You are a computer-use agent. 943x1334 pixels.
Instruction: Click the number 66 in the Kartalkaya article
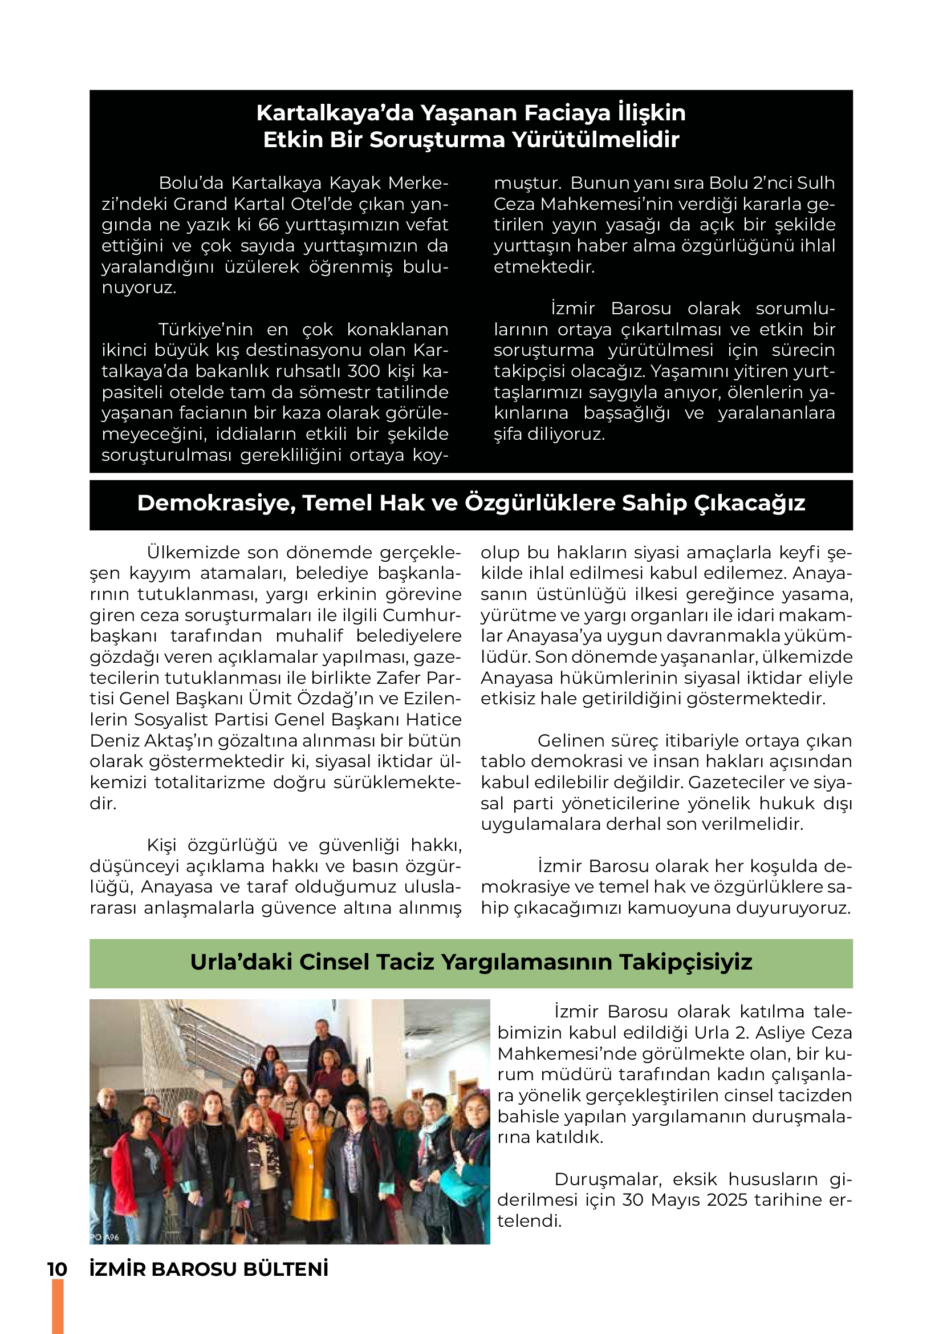tap(269, 225)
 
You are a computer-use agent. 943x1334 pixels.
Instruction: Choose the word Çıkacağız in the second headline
tap(750, 503)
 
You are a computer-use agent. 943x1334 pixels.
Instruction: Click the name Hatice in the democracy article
tap(433, 719)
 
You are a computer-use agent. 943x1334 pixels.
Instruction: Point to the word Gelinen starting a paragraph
tap(567, 741)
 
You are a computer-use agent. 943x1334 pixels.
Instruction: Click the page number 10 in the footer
tap(57, 1270)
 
